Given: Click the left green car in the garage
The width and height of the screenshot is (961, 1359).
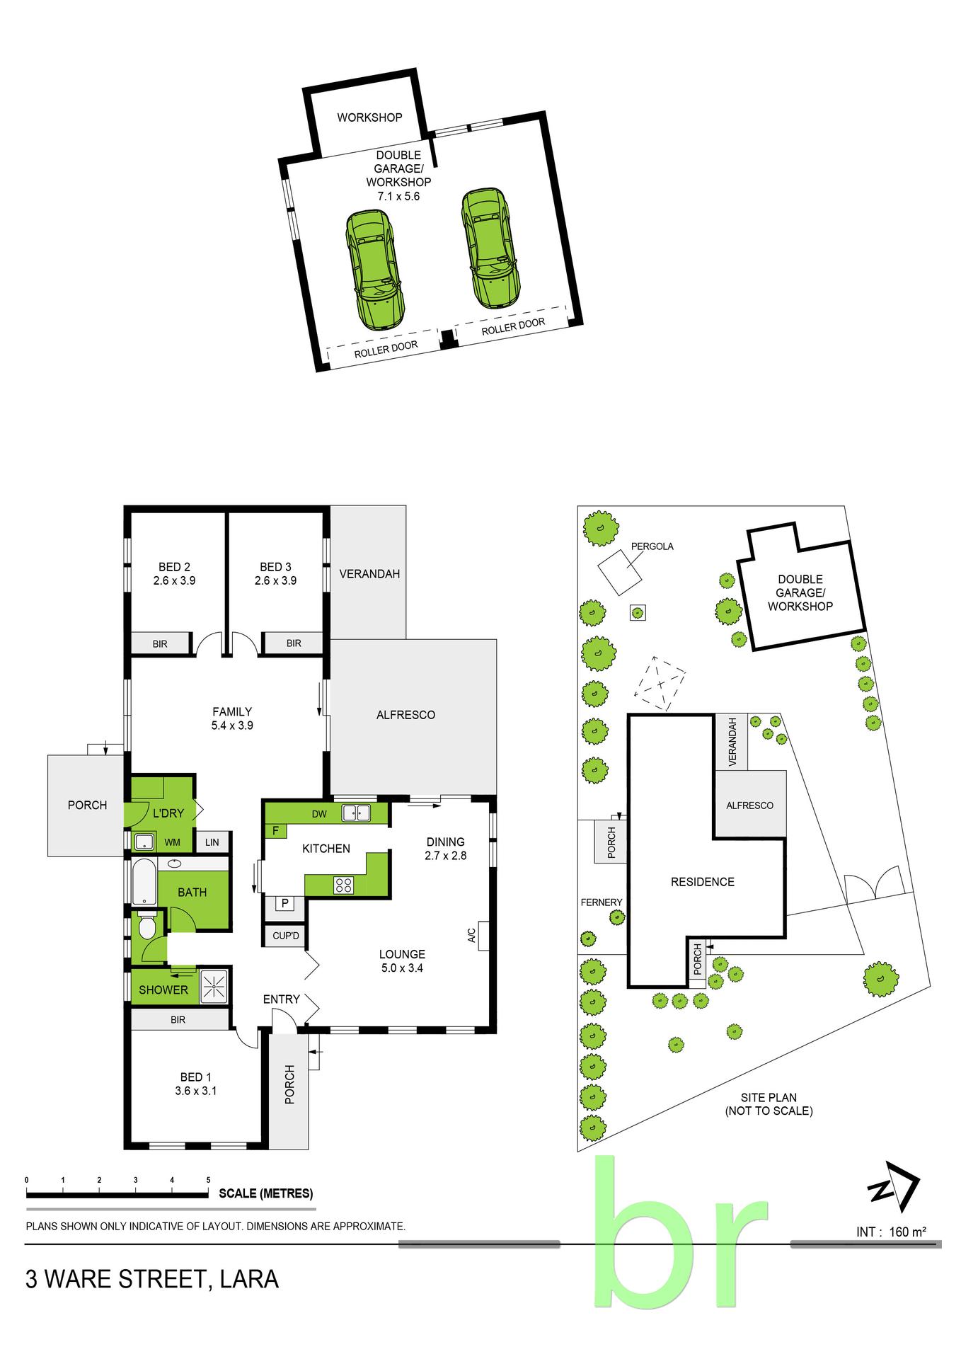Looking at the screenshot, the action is tap(375, 271).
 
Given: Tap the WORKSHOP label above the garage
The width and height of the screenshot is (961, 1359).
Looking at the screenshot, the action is tap(369, 117).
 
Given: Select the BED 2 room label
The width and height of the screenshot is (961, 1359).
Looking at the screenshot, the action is tap(174, 573).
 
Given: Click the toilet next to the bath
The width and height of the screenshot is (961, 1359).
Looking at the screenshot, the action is tap(147, 927).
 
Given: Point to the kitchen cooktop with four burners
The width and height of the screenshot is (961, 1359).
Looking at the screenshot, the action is tap(344, 884).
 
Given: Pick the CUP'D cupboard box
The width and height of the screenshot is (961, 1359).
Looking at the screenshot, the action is tap(286, 936).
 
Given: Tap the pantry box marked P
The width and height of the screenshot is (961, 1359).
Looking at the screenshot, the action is tap(284, 903).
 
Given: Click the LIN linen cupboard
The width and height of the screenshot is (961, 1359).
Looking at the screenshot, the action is tap(212, 842).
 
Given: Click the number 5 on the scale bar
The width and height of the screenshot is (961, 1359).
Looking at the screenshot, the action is tap(208, 1180).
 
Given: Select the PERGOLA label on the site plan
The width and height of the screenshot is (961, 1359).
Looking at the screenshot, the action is tap(652, 546).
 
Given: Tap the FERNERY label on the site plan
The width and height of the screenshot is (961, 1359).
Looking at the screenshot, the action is tap(602, 902).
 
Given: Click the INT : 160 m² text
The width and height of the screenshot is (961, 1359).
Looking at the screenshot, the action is tap(892, 1232).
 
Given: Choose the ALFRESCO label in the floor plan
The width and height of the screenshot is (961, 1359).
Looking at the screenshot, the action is tap(405, 715).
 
